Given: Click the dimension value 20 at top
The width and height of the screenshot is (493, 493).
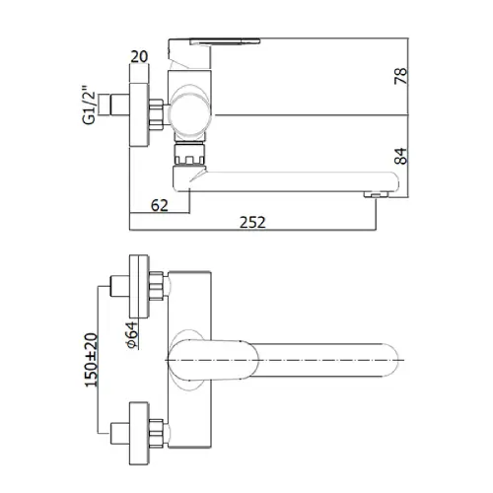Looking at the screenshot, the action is click(x=139, y=57).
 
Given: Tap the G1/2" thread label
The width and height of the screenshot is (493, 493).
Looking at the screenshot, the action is click(x=89, y=106).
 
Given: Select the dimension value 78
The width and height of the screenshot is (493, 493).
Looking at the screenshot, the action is click(x=400, y=76).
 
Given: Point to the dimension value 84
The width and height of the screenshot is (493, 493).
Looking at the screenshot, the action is click(x=400, y=156).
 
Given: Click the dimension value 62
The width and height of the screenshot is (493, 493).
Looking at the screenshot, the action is click(x=160, y=205).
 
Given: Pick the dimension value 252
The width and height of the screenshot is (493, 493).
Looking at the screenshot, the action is click(x=252, y=223).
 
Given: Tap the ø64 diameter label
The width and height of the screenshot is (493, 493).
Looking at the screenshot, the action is click(x=132, y=334).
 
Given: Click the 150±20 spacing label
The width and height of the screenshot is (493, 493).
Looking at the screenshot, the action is click(x=92, y=360).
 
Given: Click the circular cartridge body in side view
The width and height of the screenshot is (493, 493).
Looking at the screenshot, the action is click(x=188, y=113).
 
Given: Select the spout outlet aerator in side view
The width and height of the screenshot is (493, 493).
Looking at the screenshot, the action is click(x=376, y=195).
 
